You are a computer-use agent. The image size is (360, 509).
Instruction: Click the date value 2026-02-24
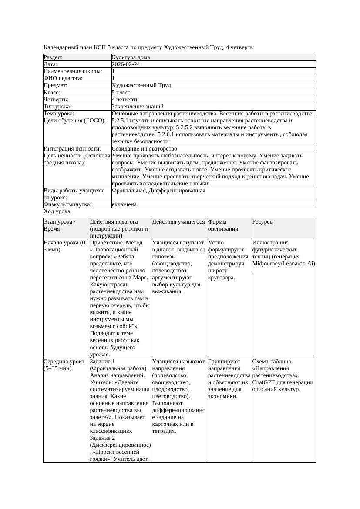click(x=126, y=64)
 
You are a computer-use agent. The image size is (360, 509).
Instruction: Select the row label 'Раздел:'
click(x=53, y=57)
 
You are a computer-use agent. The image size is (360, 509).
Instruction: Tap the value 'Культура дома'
click(x=131, y=57)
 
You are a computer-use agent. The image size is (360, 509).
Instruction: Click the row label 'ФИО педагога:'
click(x=63, y=78)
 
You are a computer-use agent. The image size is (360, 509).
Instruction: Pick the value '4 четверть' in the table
click(x=125, y=100)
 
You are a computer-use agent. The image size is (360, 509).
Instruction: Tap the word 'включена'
click(x=124, y=204)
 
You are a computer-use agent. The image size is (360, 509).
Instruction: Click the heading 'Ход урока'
click(x=57, y=211)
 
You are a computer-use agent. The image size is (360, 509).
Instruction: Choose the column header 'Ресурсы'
click(x=263, y=222)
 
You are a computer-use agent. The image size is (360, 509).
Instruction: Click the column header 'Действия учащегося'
click(x=178, y=222)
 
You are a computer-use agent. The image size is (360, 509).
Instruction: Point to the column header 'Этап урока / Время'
click(x=60, y=225)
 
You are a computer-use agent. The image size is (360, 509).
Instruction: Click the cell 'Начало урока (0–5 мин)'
click(x=66, y=246)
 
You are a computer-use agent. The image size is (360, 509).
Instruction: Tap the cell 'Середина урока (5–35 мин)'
click(x=64, y=365)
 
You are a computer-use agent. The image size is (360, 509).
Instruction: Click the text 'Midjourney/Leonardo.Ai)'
click(x=283, y=264)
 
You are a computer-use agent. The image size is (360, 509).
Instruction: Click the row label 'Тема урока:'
click(x=59, y=114)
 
